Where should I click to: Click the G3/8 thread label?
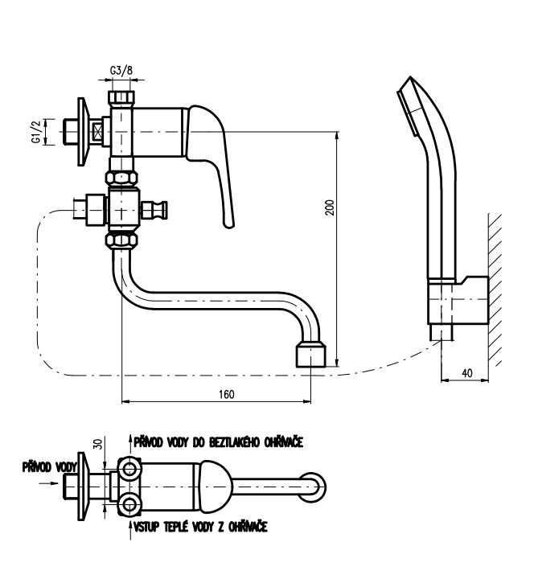pos(121,70)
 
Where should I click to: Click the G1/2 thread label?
pos(36,132)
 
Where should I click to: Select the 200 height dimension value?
pos(330,207)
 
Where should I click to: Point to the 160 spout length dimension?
pos(226,394)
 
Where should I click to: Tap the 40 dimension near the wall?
pos(467,373)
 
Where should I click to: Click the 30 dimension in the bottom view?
pos(98,443)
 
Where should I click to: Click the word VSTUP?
pos(146,527)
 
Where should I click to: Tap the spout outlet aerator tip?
pos(311,355)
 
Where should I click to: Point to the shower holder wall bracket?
pos(458,300)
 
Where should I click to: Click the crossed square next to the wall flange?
pos(99,132)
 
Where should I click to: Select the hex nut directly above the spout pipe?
pos(121,240)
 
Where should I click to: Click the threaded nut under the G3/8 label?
pos(121,97)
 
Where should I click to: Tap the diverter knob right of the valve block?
pos(154,210)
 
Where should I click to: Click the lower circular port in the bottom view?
pos(129,504)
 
